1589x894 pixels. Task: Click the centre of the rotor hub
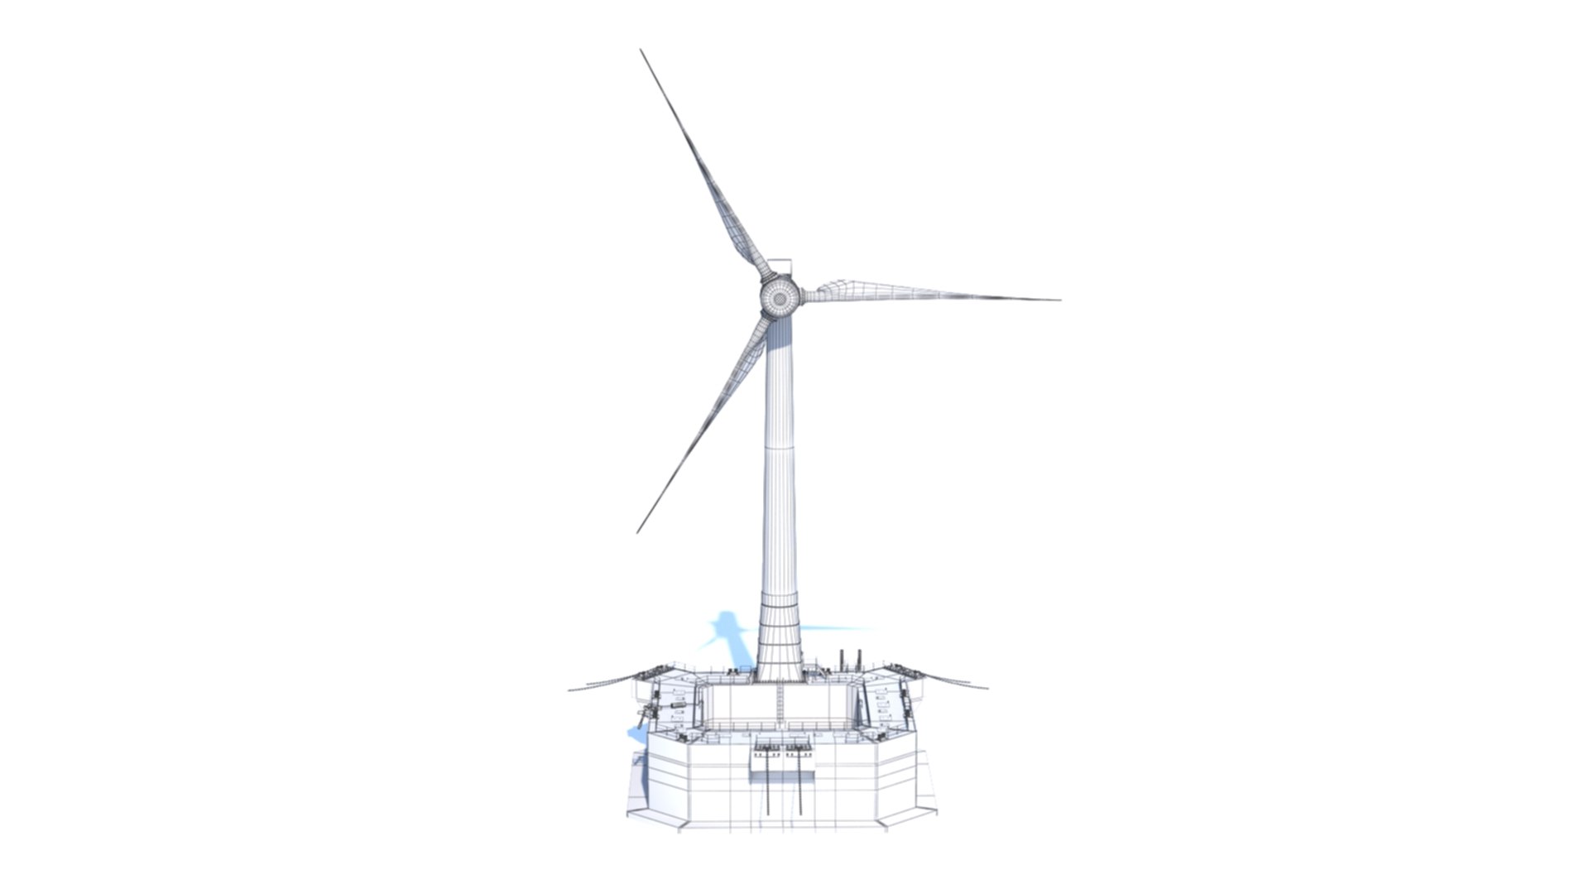click(779, 296)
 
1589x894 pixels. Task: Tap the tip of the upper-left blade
click(641, 50)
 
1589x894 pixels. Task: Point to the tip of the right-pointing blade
click(1059, 300)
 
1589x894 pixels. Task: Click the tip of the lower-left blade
click(637, 531)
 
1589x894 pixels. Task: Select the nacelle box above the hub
click(780, 268)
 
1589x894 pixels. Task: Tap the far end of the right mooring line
click(987, 686)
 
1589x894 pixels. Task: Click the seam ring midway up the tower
click(780, 448)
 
